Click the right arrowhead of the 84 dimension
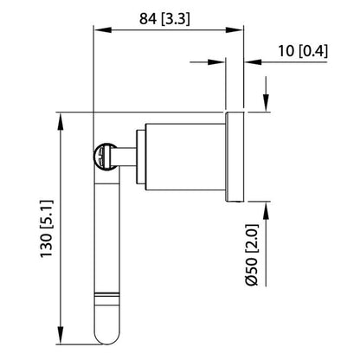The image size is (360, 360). (236, 30)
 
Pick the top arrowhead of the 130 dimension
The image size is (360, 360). (61, 120)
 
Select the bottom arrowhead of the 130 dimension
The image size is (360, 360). (61, 336)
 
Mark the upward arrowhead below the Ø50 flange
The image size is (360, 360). (265, 211)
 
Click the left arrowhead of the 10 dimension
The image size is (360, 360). (219, 61)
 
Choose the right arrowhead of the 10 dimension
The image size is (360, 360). (252, 61)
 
